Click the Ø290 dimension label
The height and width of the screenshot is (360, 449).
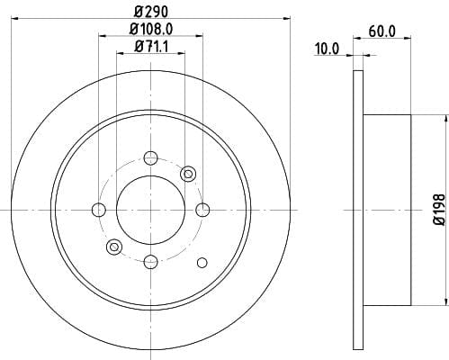point(150,11)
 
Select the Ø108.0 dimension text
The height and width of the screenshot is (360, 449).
point(151,29)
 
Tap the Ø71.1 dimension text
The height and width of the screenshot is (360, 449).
point(151,47)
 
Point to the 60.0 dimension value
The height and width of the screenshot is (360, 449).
point(382,31)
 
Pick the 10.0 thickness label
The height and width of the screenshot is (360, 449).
point(327,49)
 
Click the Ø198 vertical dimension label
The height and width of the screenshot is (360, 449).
point(439,210)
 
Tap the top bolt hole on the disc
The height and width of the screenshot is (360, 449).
point(150,157)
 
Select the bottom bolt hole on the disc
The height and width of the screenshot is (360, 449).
point(150,262)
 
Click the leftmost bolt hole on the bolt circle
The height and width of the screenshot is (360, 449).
point(99,210)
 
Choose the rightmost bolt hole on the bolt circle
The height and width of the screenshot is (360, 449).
point(202,210)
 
